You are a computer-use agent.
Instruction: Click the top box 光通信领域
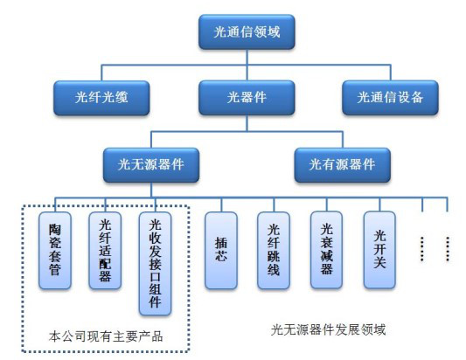247,31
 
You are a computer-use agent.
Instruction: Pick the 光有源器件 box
342,163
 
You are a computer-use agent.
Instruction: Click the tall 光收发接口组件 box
156,261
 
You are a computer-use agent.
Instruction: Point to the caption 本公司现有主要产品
104,336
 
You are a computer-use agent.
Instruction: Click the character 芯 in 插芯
220,257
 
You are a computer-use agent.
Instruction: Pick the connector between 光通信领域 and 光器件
247,64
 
